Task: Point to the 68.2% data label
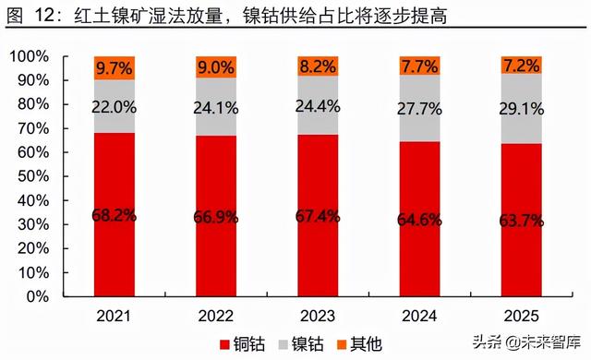[115, 215]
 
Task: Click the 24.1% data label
[217, 106]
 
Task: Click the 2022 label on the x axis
[216, 314]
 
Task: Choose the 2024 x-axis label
[420, 314]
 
